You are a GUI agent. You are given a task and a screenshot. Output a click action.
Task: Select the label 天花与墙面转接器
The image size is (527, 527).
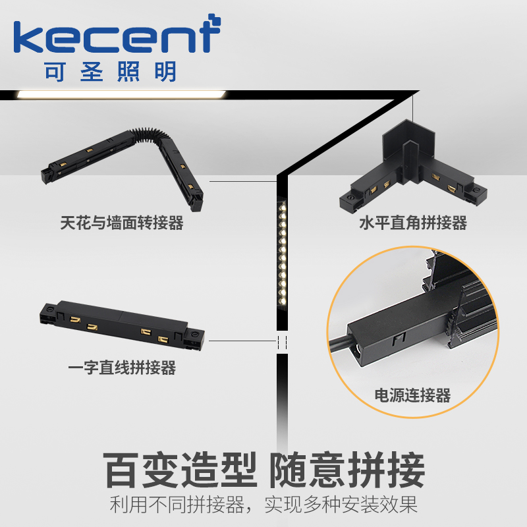(122, 223)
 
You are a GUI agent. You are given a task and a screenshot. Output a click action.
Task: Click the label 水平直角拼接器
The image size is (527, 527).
(413, 223)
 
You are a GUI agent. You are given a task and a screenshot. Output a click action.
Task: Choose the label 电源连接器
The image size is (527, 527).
(413, 395)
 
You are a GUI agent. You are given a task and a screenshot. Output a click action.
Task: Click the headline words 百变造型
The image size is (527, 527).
(180, 470)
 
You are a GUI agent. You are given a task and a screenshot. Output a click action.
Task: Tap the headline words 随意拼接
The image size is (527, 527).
(347, 470)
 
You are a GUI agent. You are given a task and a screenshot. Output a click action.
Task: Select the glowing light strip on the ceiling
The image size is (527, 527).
(122, 94)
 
